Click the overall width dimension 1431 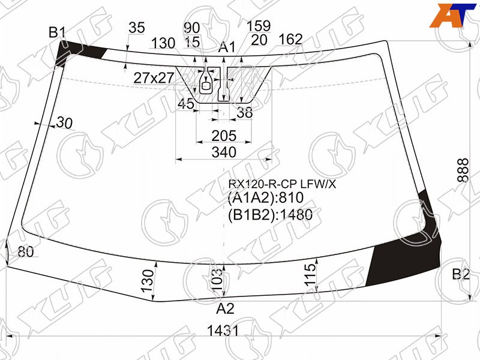click(223, 331)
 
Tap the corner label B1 click(57, 32)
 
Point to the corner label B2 click(461, 274)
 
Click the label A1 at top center click(227, 47)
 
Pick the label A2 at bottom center click(225, 308)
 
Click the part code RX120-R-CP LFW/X click(282, 184)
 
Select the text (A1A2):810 click(265, 198)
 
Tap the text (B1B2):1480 click(270, 215)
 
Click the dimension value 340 click(224, 152)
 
